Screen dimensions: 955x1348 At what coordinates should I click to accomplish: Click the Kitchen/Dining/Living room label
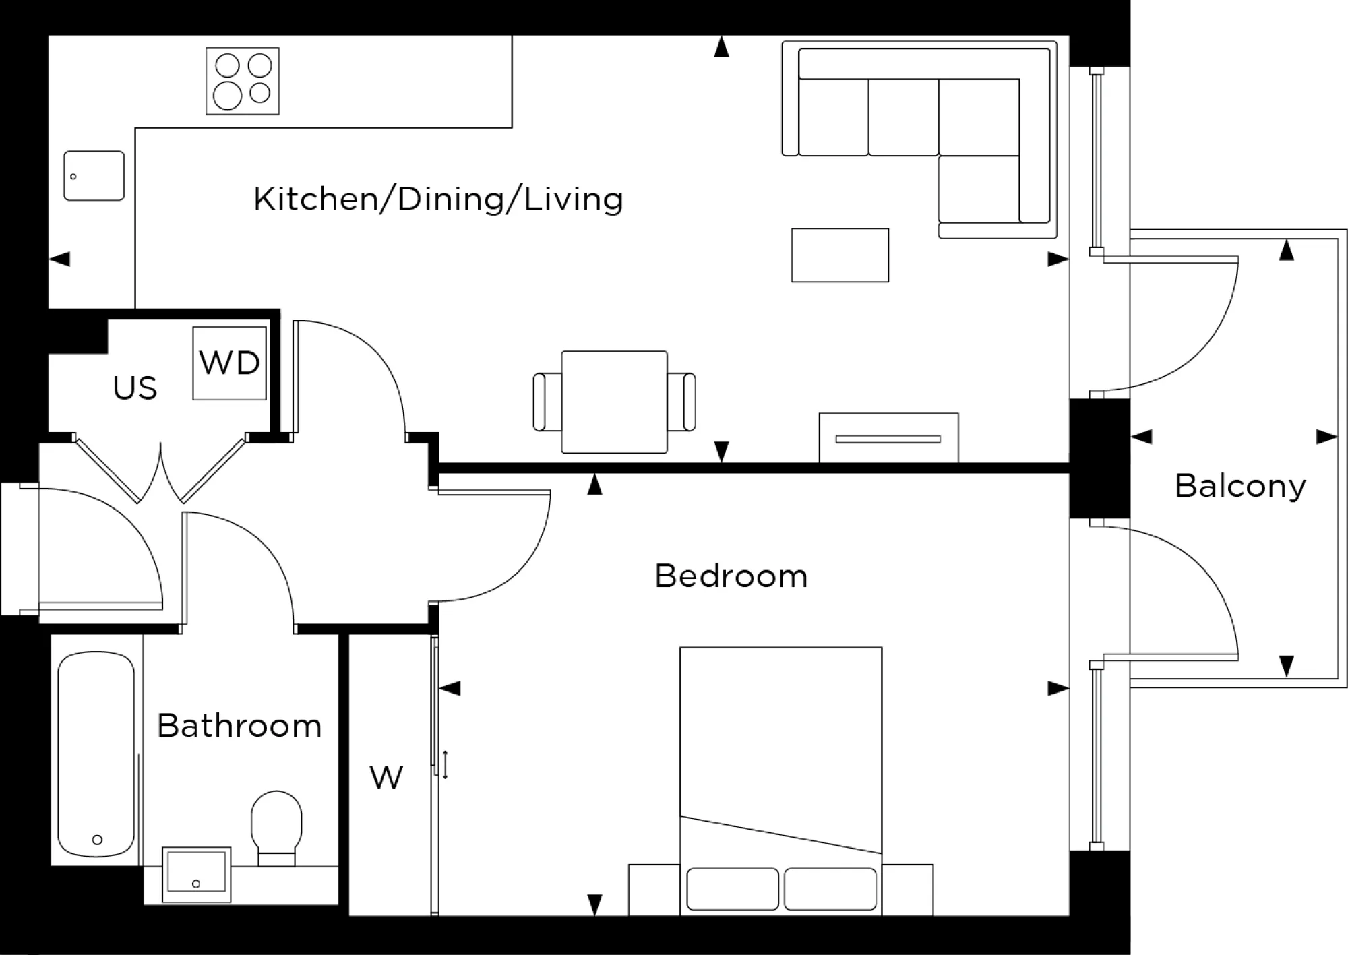(x=438, y=199)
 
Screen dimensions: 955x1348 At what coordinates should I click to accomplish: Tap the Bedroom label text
(x=731, y=576)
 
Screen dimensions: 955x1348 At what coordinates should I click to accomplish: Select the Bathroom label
(x=239, y=726)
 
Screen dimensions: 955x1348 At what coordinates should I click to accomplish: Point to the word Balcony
(x=1239, y=486)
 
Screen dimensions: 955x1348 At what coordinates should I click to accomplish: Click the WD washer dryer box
(x=229, y=363)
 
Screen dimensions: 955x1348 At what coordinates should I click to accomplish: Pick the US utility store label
(x=135, y=388)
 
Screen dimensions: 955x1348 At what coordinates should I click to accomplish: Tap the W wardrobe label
(x=386, y=778)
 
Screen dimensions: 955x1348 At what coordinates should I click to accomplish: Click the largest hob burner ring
(x=227, y=95)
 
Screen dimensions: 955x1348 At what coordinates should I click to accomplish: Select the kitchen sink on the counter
(x=94, y=175)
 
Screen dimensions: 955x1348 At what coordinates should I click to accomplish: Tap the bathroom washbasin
(x=197, y=875)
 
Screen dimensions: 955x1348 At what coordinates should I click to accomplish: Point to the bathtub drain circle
(x=97, y=840)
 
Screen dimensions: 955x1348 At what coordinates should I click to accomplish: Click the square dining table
(x=614, y=401)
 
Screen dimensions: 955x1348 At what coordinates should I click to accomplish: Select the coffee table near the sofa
(x=840, y=255)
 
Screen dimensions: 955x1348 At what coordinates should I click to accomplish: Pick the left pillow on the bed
(x=732, y=888)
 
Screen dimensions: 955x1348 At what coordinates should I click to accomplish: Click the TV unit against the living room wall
(x=888, y=438)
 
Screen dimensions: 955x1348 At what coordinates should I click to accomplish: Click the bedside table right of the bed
(x=907, y=890)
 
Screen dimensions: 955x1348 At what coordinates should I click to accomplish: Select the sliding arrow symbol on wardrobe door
(x=446, y=765)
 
